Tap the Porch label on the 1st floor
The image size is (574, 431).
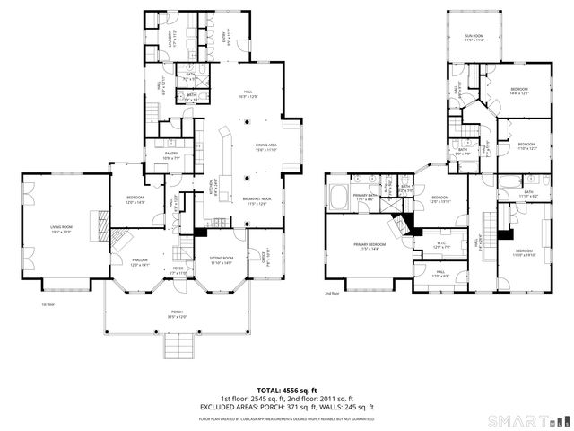click(177, 314)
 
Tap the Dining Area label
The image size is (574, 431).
click(265, 147)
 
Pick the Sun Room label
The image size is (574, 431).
click(474, 38)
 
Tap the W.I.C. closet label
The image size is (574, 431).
click(441, 244)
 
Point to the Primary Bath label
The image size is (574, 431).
click(363, 196)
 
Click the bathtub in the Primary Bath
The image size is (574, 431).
click(340, 196)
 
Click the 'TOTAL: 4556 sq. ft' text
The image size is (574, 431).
click(286, 390)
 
